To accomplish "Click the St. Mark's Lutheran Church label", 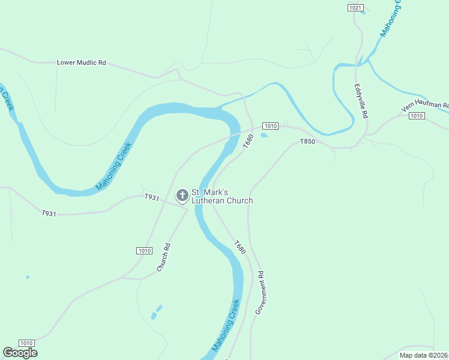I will [221, 197].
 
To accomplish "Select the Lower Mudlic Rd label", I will [81, 62].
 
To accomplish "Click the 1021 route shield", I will [355, 7].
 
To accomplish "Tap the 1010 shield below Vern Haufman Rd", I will [417, 116].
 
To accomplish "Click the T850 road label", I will [307, 142].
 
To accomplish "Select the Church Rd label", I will [164, 257].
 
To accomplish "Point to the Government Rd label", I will [260, 293].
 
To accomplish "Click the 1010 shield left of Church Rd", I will [143, 251].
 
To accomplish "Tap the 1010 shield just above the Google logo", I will [25, 342].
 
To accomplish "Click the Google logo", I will [20, 353].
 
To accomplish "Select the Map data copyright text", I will [424, 355].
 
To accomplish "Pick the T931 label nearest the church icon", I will [151, 197].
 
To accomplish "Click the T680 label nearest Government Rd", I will [240, 247].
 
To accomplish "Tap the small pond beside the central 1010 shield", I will [264, 135].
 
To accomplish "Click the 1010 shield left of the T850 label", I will [270, 126].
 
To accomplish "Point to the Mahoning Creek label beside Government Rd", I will [226, 325].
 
